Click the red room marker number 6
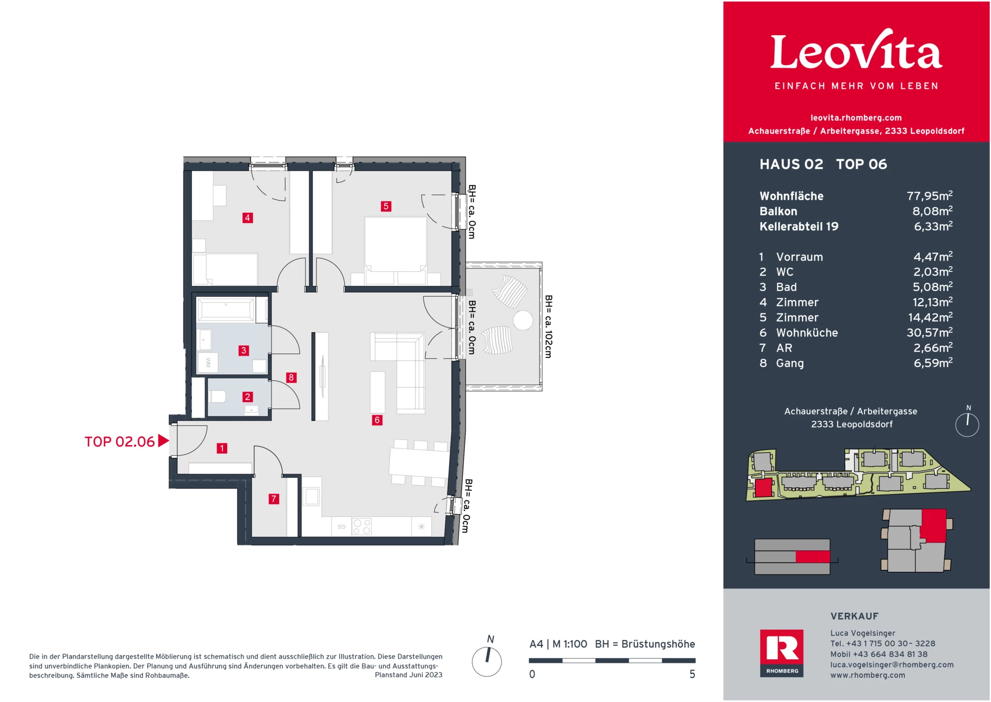(377, 420)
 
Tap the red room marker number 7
(274, 499)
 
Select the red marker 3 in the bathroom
(244, 350)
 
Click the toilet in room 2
(217, 396)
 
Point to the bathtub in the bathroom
(226, 310)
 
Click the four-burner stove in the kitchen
(361, 526)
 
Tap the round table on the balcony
(523, 321)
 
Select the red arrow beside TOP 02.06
(163, 441)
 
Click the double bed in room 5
(395, 245)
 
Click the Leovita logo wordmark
(856, 52)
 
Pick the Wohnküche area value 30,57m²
(929, 333)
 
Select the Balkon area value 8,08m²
(932, 211)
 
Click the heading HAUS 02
(791, 164)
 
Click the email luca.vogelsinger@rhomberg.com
(891, 665)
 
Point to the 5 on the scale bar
(692, 674)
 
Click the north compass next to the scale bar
(487, 661)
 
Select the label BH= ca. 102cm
(548, 326)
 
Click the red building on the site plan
(763, 487)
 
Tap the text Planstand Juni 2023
(408, 675)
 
